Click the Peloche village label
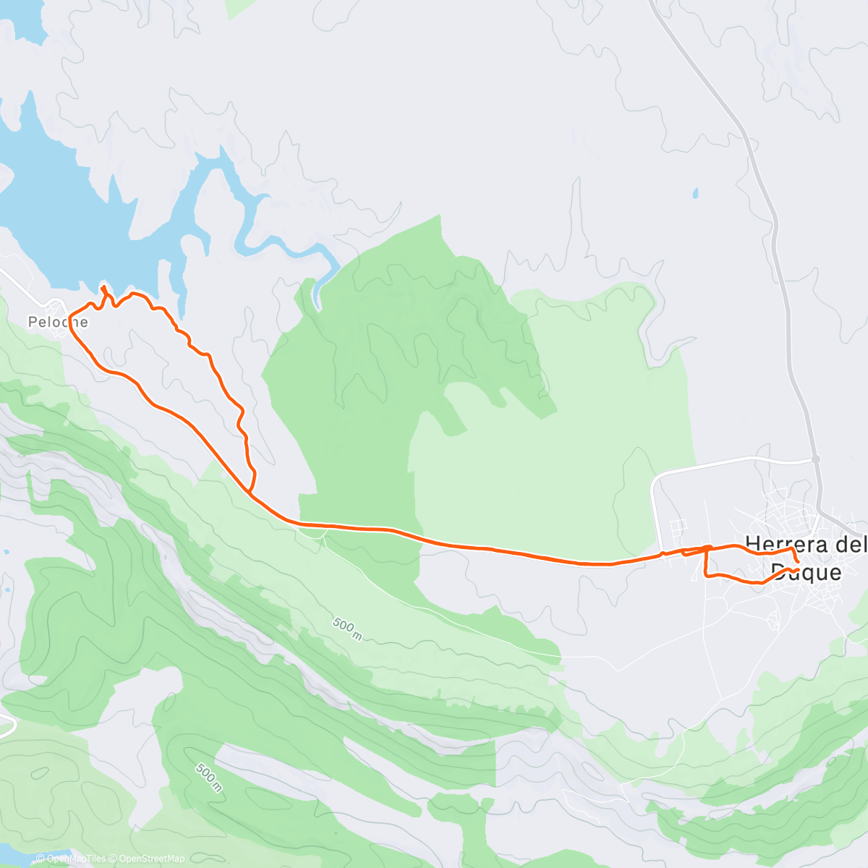pos(58,322)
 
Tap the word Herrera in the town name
pos(787,544)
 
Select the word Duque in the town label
pos(806,572)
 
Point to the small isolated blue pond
pos(695,194)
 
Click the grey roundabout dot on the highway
pos(815,459)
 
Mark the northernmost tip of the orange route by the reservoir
pos(103,287)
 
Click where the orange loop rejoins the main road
pos(250,493)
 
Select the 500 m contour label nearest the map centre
pos(348,629)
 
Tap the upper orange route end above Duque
pos(797,560)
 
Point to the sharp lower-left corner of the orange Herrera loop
pos(706,575)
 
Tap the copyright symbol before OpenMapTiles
pos(41,859)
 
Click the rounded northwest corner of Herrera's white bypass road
pos(655,479)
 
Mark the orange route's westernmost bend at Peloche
pos(69,316)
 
